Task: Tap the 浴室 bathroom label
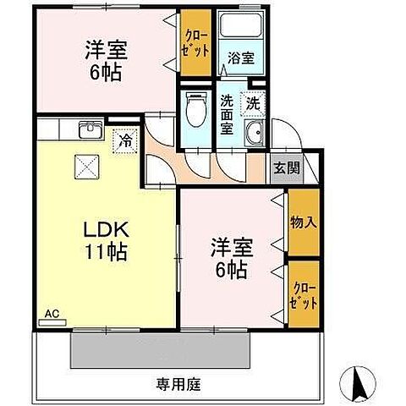[240, 59]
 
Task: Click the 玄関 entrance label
[286, 167]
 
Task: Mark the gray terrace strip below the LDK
[161, 348]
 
